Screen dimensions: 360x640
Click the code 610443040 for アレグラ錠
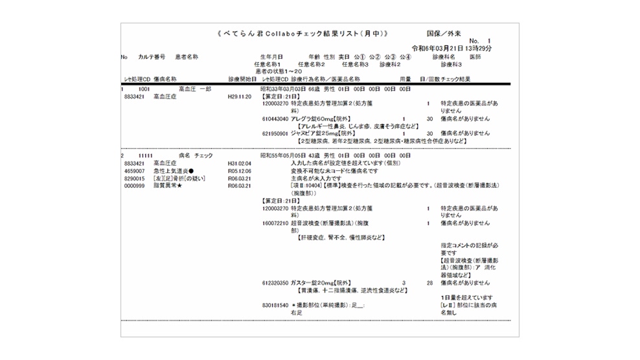coord(275,119)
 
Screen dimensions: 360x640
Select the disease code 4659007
coord(135,171)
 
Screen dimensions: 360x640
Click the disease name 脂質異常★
coord(167,186)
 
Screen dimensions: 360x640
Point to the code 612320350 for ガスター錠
coord(275,283)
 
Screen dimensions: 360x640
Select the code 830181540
coord(275,305)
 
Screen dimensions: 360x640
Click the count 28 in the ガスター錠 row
coord(429,283)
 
